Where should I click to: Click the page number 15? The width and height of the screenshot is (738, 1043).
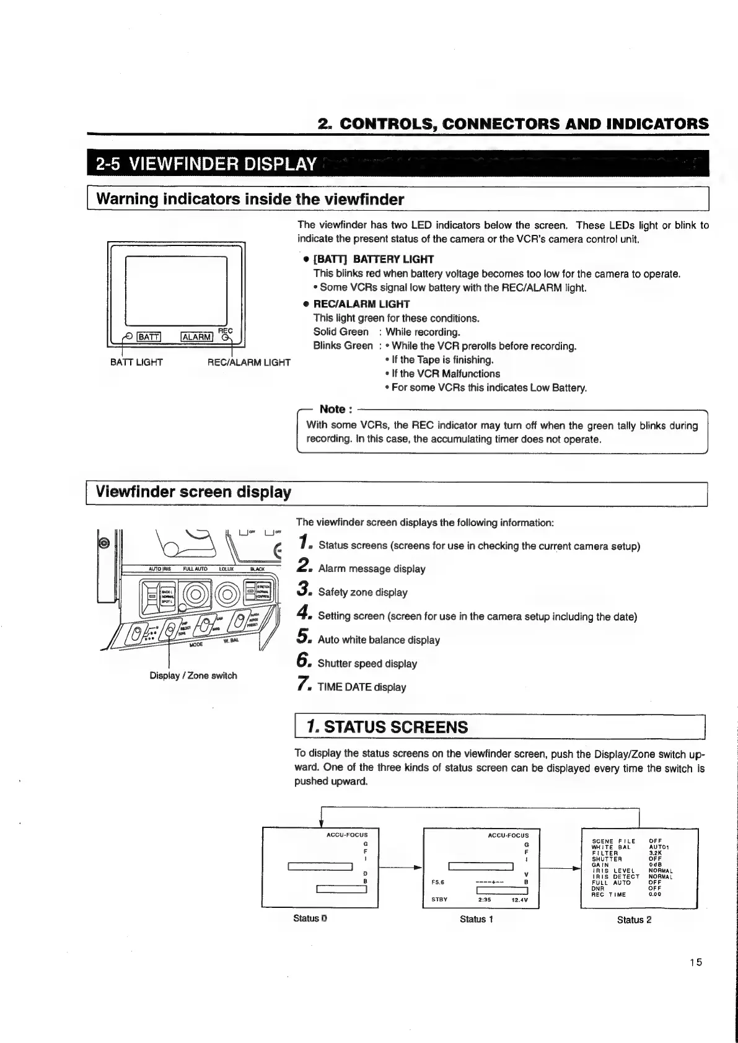[695, 962]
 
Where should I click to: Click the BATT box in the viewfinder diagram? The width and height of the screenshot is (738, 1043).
[148, 337]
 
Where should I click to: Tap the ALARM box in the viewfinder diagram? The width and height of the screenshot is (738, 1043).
[196, 337]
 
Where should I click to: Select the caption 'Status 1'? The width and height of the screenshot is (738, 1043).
[476, 919]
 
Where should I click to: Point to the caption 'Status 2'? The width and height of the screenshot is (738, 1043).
[634, 920]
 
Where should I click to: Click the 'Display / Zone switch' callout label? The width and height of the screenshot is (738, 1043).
[193, 676]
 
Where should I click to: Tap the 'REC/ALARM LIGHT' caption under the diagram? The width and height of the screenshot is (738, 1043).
[248, 363]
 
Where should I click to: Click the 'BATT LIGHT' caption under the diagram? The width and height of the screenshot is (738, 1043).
[136, 363]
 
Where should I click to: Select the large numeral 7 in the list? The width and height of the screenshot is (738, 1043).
[302, 684]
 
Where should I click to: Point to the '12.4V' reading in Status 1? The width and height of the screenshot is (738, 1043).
[519, 900]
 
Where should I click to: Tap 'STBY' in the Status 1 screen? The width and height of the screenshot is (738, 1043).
[439, 900]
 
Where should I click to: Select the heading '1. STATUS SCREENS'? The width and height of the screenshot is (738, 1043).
[389, 727]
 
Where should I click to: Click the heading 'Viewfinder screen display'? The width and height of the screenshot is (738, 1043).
[193, 492]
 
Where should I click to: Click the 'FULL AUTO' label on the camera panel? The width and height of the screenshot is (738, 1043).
[193, 568]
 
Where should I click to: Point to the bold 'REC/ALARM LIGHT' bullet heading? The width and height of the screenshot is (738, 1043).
[361, 304]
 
